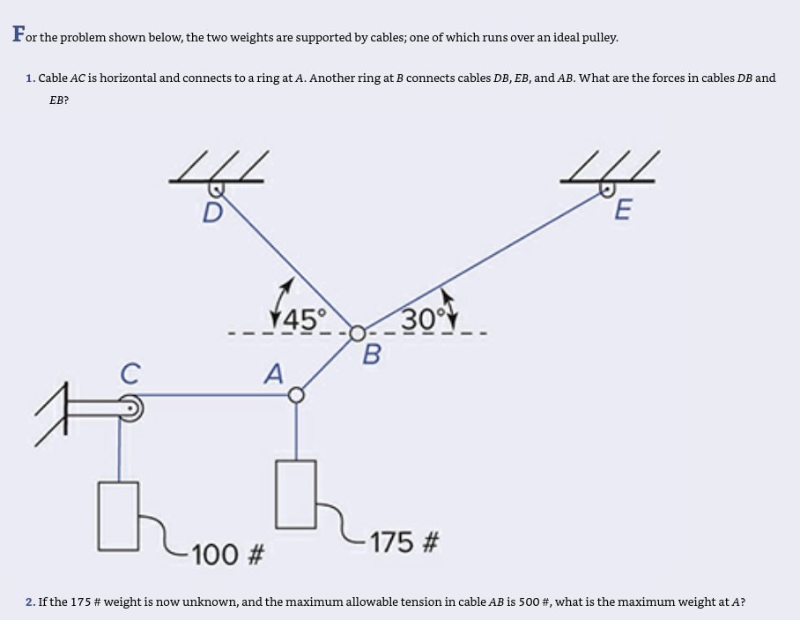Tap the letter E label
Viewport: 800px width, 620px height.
(x=622, y=211)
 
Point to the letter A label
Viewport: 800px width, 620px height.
(x=274, y=375)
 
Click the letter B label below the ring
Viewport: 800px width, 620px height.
(x=372, y=355)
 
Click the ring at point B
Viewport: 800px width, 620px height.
(x=357, y=333)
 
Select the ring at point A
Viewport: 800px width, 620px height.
(x=297, y=395)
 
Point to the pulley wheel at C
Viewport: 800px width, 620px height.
(x=131, y=408)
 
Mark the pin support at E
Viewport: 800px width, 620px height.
(x=608, y=187)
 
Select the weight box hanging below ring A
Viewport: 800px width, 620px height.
(x=297, y=495)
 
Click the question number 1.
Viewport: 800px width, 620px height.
(x=30, y=78)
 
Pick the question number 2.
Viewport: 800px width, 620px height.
(x=30, y=603)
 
